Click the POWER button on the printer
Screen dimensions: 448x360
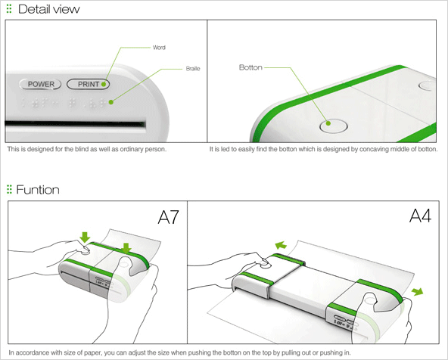point(40,84)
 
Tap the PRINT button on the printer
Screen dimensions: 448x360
point(88,84)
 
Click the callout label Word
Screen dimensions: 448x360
point(159,48)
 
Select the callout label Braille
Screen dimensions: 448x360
point(193,69)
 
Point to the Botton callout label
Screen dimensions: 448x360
point(250,67)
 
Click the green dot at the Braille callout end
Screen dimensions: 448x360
point(111,102)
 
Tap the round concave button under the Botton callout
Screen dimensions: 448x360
point(333,126)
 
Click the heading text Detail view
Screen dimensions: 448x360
point(49,9)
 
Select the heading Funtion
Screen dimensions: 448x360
point(38,190)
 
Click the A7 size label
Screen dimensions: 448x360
point(168,217)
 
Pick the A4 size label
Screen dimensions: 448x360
point(420,216)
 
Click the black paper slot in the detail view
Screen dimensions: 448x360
point(75,124)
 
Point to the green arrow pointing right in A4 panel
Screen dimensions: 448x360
point(418,291)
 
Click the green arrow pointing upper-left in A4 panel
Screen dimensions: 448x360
point(281,245)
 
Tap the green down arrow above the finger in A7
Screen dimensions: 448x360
point(85,237)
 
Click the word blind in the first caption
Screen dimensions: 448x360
point(81,149)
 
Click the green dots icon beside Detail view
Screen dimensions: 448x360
point(9,9)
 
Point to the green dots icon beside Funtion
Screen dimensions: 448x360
point(9,189)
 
